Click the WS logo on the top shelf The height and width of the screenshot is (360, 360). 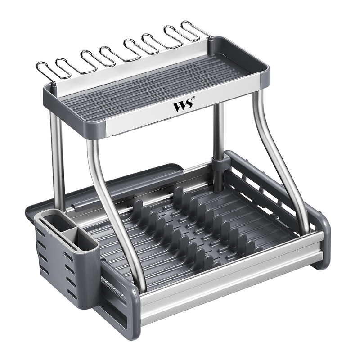[183, 106]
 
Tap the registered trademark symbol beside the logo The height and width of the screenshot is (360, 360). [194, 98]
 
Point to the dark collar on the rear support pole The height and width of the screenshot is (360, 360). [218, 162]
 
